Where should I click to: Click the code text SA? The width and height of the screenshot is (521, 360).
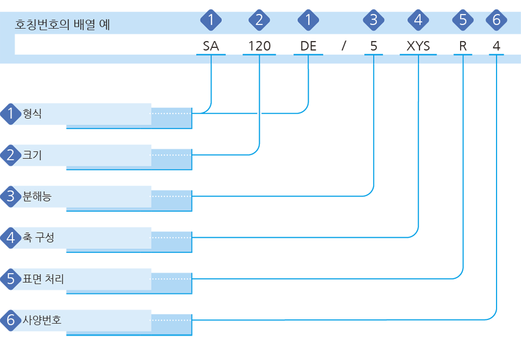pos(211,46)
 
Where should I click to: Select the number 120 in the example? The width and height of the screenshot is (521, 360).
pos(259,46)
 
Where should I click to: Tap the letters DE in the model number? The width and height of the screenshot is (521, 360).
pos(308,46)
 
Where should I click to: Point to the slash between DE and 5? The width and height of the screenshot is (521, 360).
pos(344,46)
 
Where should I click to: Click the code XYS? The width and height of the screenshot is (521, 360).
pos(418,46)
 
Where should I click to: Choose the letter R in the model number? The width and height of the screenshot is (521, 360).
pos(463,46)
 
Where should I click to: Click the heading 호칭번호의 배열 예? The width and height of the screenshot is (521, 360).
pos(63,24)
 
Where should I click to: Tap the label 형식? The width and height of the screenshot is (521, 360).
pos(32,114)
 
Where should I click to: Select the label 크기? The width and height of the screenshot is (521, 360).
pos(32,155)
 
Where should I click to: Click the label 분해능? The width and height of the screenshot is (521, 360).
pos(37,196)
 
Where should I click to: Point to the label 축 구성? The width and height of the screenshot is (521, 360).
pos(38,238)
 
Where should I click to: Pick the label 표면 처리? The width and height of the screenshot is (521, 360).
pos(43,279)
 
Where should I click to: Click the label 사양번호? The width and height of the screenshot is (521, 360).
pos(42,320)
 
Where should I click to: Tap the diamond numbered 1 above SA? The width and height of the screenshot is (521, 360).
pos(211,20)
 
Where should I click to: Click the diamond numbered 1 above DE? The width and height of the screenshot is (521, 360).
pos(308,20)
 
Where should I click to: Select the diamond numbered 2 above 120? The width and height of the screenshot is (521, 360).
pos(259,20)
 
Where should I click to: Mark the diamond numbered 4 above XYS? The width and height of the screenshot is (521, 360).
pos(418,20)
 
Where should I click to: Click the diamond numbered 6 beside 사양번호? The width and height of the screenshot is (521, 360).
pos(11,320)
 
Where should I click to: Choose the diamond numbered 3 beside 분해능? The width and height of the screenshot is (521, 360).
pos(11,196)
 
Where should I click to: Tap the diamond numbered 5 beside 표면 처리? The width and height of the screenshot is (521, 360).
pos(11,279)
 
